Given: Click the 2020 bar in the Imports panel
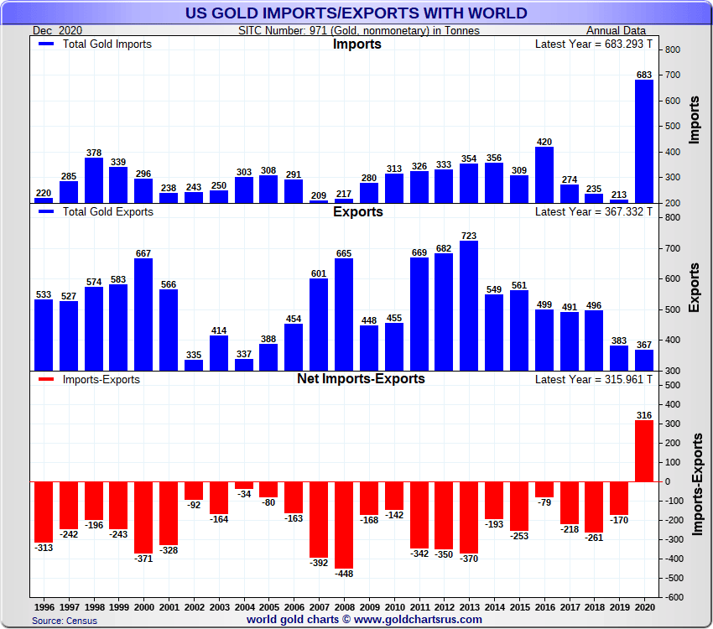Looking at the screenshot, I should coord(643,141).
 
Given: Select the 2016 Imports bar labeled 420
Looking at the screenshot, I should coord(544,174).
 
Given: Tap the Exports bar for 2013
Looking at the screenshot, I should coord(468,305).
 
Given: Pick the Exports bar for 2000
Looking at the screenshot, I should coord(143,314).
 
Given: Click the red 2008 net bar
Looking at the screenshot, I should coord(344,524).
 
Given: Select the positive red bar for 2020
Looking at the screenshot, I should coord(643,450).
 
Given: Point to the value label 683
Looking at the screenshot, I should coord(643,75).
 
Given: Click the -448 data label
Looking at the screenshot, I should coord(344,574).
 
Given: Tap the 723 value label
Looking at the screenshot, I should coord(468,237).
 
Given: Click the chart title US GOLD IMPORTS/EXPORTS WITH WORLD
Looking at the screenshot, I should coord(356,13).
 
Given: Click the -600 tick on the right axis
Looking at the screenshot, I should coord(674,597).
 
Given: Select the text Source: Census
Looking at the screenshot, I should coord(65,621).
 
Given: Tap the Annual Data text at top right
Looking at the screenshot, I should coord(632,30).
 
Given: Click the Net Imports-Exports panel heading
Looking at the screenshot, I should coord(361,379).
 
